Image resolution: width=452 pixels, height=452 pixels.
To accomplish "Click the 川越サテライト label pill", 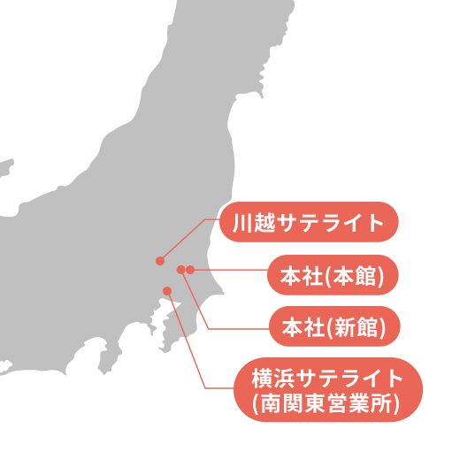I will coord(309,222).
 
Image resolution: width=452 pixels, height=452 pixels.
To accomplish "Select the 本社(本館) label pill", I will coord(333,276).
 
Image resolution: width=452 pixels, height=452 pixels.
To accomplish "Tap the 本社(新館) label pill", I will coord(333,327).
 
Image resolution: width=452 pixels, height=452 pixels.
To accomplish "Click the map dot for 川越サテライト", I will coord(159,261).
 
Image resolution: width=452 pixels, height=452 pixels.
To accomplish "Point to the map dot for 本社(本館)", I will coord(190,269).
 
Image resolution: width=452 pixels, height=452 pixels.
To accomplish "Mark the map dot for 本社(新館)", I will coord(180,269).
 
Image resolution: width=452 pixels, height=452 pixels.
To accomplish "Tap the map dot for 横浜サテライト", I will coord(167,291).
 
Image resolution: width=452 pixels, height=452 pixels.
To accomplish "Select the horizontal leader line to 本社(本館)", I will coord(230,269).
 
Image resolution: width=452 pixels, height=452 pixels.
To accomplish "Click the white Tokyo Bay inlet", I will coord(177,306).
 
